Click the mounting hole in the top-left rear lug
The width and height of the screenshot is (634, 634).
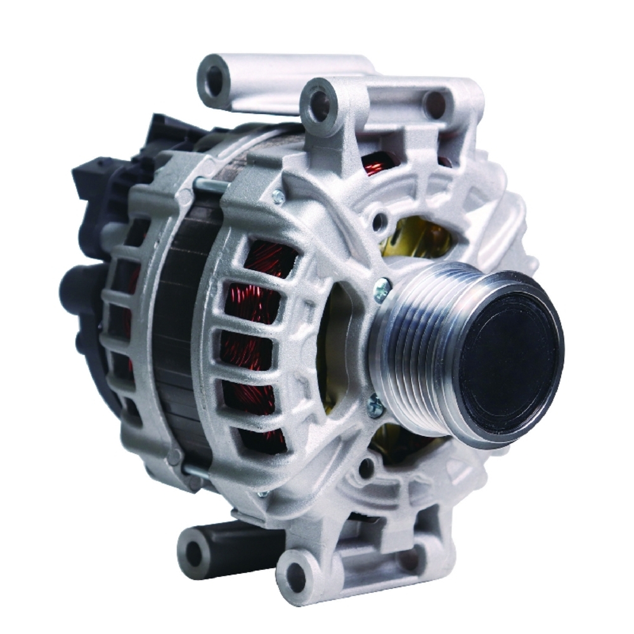214,80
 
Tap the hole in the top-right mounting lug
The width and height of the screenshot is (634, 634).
435,103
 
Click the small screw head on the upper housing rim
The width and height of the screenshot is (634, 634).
278,197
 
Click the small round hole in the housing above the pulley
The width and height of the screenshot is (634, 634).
379,222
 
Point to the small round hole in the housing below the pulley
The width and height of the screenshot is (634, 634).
366,469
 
